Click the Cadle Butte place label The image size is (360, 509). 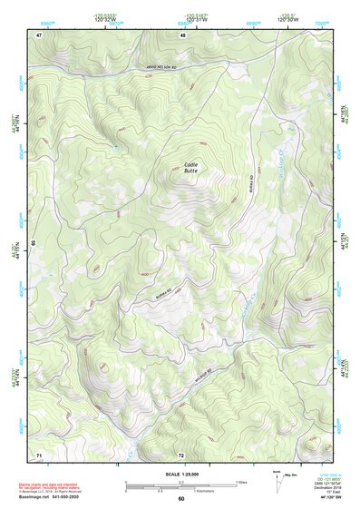pyautogui.click(x=190, y=167)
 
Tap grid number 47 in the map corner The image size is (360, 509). pyautogui.click(x=39, y=34)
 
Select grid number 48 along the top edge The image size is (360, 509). pyautogui.click(x=182, y=34)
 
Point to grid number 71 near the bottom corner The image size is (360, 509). pyautogui.click(x=39, y=453)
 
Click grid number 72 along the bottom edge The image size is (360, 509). pyautogui.click(x=181, y=453)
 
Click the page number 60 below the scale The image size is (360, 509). pyautogui.click(x=181, y=498)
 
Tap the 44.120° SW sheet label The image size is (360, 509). pyautogui.click(x=332, y=497)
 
